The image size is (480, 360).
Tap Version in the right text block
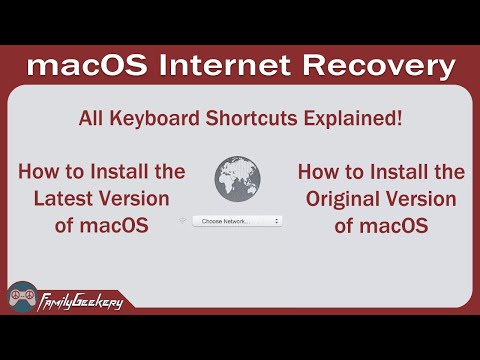tap(420, 199)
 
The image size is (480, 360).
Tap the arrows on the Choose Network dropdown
tap(277, 220)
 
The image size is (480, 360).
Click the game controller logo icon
tap(22, 297)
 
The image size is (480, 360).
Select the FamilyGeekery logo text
tap(79, 299)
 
